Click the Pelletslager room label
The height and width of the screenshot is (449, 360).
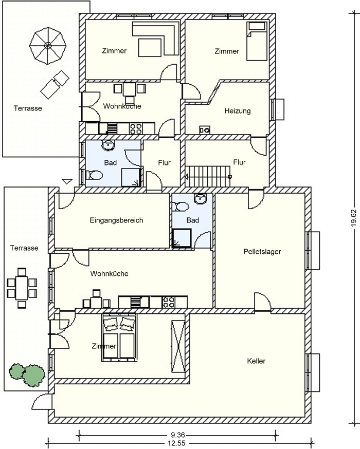[x=262, y=252]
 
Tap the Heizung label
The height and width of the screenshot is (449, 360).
[x=237, y=111]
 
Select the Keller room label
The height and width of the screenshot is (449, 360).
[x=256, y=361]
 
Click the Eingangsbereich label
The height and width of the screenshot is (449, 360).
[x=116, y=220]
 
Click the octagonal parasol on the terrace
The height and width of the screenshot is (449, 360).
[x=48, y=45]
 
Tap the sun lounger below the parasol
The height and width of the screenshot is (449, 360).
[x=55, y=84]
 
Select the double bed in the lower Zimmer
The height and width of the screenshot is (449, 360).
[x=119, y=338]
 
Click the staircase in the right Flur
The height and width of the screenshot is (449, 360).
[x=208, y=176]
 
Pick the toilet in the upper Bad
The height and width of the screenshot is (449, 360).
[x=94, y=175]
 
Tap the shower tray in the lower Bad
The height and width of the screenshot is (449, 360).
[x=182, y=238]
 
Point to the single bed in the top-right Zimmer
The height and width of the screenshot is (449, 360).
[x=257, y=42]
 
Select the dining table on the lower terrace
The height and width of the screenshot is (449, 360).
[x=22, y=288]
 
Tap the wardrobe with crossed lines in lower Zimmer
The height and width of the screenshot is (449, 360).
[x=178, y=346]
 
